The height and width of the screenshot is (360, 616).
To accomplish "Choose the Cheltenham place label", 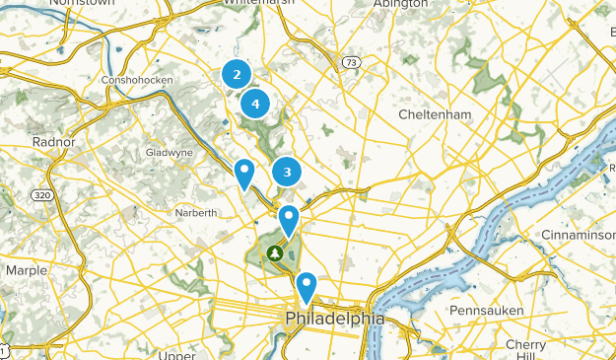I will pos(435,115).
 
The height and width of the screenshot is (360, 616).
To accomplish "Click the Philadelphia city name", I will pos(334,320).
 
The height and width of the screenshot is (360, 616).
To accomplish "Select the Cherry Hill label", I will pos(525,351).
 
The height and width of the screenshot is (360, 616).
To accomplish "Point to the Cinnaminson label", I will pos(578,234).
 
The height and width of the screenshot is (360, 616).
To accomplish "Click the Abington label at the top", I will pos(400,4).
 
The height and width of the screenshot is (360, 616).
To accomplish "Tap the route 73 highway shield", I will pos(351,62).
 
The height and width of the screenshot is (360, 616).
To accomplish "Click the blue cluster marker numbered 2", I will pos(236,73).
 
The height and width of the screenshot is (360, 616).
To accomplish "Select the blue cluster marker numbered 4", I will pos(255,103).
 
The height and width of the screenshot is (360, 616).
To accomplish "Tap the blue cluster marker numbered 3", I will pos(287,172).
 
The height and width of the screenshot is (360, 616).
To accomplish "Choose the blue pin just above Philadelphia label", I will pos(307,287).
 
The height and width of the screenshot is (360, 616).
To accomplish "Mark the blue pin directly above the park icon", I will pos(289,220).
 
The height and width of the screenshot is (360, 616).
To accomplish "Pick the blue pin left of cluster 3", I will pos(243,174).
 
